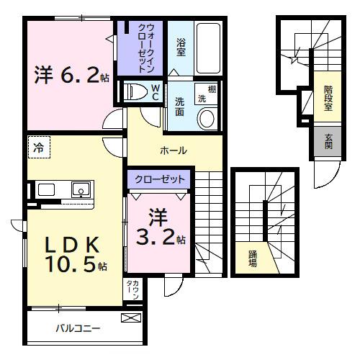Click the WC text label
(x=156, y=91)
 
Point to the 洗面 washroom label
(x=181, y=107)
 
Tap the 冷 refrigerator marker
(x=37, y=148)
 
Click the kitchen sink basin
(x=78, y=190)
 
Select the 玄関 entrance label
(x=328, y=141)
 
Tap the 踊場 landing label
(x=253, y=258)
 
